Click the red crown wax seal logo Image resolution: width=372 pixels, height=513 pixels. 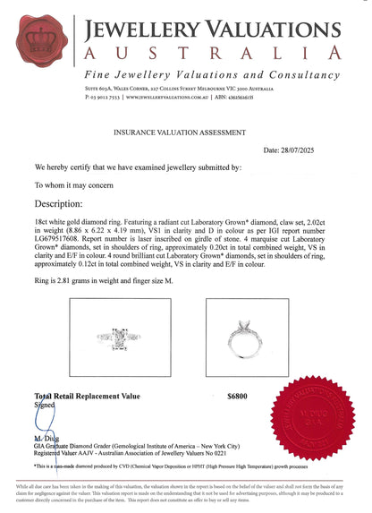(46, 47)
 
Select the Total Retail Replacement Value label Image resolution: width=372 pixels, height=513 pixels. (87, 395)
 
